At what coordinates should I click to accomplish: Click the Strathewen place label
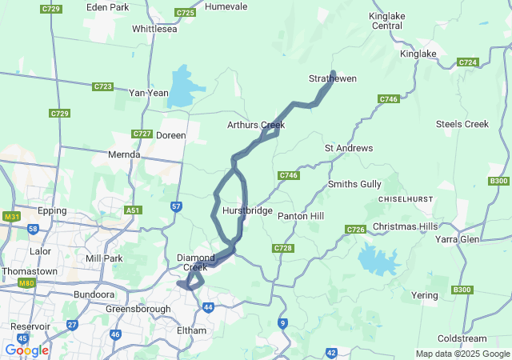(333, 78)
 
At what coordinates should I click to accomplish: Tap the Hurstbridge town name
(247, 210)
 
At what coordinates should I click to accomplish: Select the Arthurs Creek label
(256, 125)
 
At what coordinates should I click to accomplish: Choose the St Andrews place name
(348, 148)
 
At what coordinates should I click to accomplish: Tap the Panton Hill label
(301, 216)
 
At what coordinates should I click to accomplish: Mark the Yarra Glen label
(457, 238)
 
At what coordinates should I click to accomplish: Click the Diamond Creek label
(196, 262)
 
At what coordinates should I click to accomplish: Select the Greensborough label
(138, 309)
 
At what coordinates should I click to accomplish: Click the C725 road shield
(185, 13)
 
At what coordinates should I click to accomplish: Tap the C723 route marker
(102, 86)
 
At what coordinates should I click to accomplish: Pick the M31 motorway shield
(11, 217)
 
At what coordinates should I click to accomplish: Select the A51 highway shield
(132, 210)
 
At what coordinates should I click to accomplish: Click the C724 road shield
(468, 62)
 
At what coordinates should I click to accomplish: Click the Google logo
(26, 350)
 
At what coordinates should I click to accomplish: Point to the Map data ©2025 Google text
(462, 354)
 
